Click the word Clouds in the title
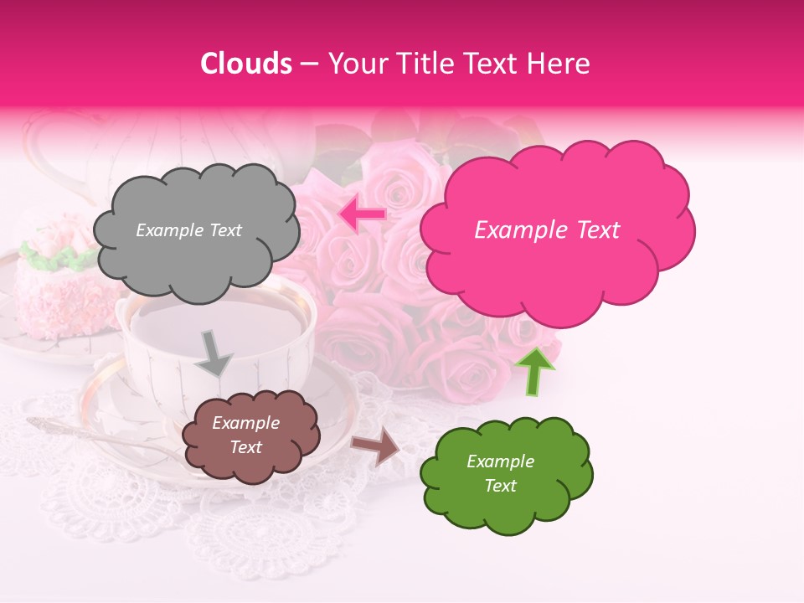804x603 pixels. click(246, 64)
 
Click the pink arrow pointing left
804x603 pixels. click(362, 214)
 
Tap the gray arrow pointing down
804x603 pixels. click(215, 352)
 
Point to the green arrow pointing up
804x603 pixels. click(534, 370)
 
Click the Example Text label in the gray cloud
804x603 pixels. click(188, 230)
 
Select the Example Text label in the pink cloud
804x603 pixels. click(547, 230)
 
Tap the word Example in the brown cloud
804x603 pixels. click(245, 424)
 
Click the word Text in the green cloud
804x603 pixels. click(500, 486)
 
